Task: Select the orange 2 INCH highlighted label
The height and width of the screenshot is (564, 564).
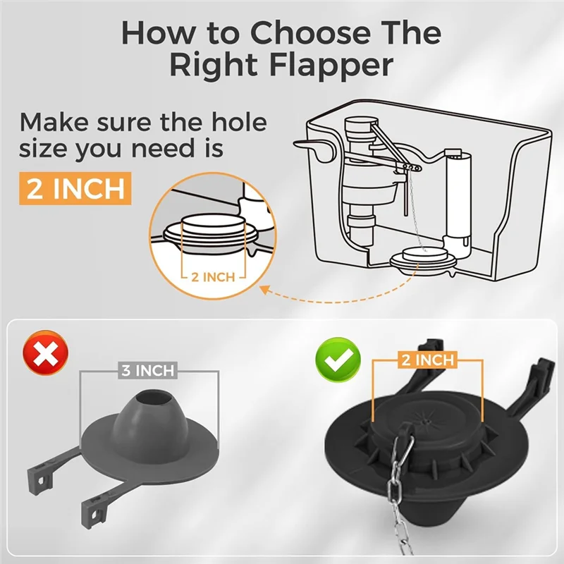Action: (75, 188)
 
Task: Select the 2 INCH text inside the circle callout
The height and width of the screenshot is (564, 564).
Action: (214, 276)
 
